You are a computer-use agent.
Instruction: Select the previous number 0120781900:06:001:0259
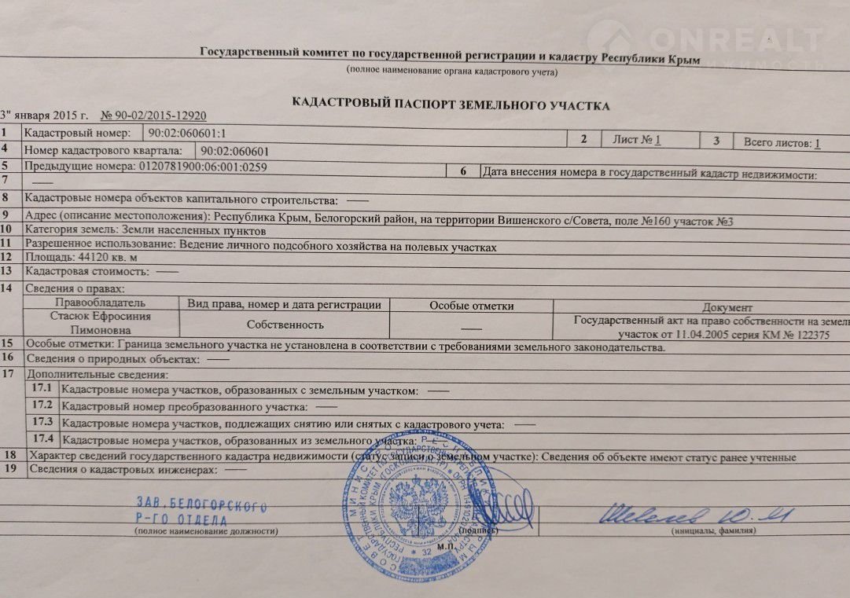point(202,167)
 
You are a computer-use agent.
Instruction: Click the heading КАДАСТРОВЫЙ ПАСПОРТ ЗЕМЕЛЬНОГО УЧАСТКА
point(451,104)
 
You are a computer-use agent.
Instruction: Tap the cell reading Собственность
point(285,324)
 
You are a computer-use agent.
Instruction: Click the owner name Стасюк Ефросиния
point(100,317)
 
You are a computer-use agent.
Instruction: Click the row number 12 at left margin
point(7,256)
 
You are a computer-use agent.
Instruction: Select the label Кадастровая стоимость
point(86,271)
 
